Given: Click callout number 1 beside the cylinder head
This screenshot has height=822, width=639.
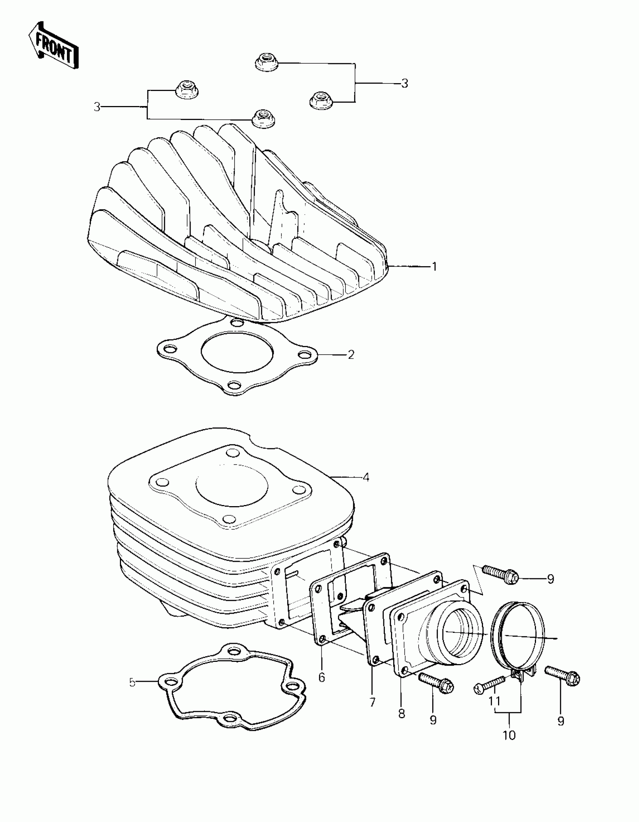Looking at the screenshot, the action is [x=434, y=267].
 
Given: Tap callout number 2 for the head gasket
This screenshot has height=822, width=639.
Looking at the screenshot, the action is [x=351, y=355].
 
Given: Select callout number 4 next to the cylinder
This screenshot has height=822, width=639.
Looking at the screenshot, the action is [x=366, y=478].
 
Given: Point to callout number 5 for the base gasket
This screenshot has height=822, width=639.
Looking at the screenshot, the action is [x=132, y=682].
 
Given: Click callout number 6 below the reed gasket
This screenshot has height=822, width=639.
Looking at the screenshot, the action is [x=321, y=677].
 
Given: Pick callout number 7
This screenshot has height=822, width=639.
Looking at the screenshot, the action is [x=372, y=702].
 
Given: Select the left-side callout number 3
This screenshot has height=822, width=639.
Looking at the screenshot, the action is [x=97, y=107].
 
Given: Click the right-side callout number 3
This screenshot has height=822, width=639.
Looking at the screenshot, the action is [x=404, y=83].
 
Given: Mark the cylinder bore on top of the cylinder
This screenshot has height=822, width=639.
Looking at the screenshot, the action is [x=232, y=491].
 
